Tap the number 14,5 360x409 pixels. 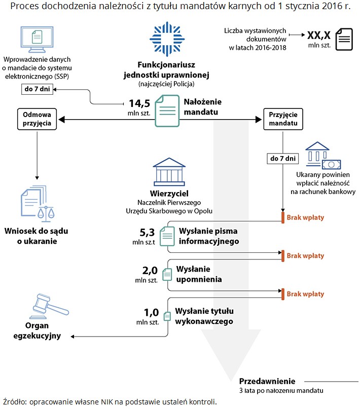click(x=139, y=102)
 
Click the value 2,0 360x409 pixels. click(x=151, y=270)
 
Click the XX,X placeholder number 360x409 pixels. click(x=319, y=35)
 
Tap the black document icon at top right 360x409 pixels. click(x=346, y=39)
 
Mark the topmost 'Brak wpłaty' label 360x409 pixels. click(x=305, y=217)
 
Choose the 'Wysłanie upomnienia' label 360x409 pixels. click(x=199, y=274)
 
